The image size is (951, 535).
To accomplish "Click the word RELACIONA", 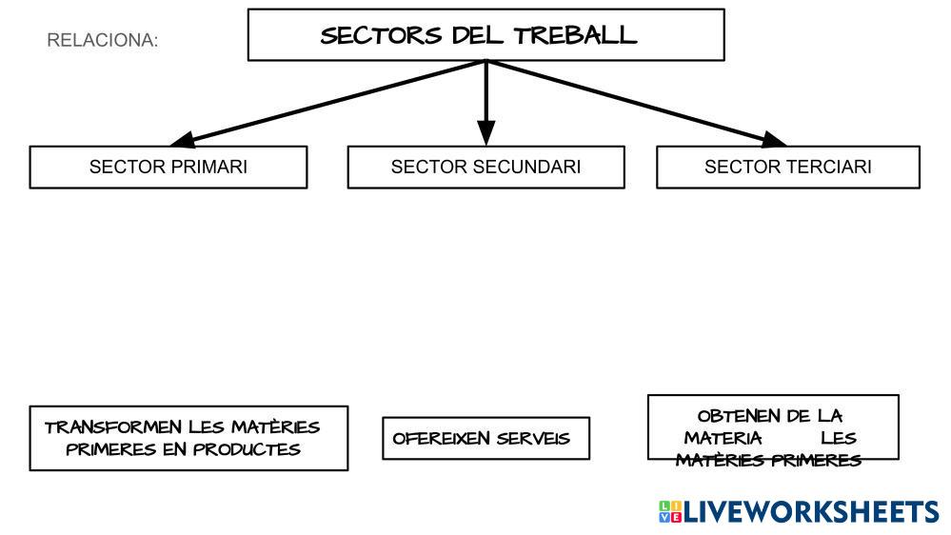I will click(x=102, y=41).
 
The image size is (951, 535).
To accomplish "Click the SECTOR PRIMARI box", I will click(x=168, y=167).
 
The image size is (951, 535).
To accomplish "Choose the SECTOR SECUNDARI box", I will click(x=485, y=167).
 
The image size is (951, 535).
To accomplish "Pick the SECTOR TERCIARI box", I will click(x=788, y=167).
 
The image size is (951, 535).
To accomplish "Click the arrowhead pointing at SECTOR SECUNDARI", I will click(x=486, y=134).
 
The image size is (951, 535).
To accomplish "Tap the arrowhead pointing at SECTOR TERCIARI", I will click(x=775, y=138).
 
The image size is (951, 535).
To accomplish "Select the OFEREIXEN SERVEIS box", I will click(x=485, y=438).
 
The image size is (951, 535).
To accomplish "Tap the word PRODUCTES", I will click(x=247, y=448).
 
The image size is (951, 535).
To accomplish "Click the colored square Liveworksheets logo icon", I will click(x=669, y=511).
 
